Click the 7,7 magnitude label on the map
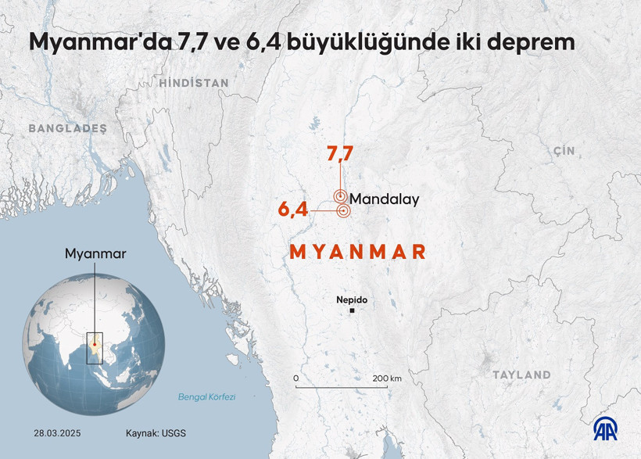click(340, 155)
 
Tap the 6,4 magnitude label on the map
click(292, 210)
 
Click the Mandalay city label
click(384, 199)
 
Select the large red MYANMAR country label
click(358, 252)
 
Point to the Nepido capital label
click(351, 299)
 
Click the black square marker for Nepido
click(353, 311)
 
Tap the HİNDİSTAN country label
click(194, 83)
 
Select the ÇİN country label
click(563, 149)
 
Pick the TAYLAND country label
click(521, 375)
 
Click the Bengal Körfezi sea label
click(206, 397)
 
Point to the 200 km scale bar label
click(386, 378)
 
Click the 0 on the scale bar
click(296, 378)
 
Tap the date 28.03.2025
click(57, 432)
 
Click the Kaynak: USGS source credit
click(156, 432)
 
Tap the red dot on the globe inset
click(94, 342)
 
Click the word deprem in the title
click(529, 43)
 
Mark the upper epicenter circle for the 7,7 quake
click(340, 196)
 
